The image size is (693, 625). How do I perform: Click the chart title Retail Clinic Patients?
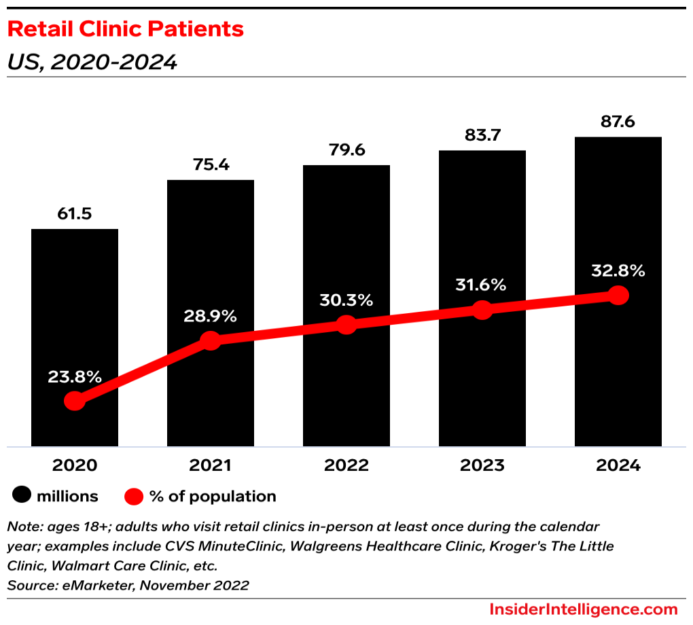[x=125, y=29]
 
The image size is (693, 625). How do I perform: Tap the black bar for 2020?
[x=75, y=306]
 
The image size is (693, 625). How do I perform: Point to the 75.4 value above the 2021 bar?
[x=210, y=165]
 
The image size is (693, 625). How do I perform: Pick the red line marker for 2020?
[x=75, y=401]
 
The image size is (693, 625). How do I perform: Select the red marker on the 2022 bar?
[x=346, y=325]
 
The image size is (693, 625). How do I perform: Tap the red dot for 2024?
[x=618, y=295]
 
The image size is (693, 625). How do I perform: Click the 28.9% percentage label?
[x=210, y=316]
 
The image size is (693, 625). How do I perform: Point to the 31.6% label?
[x=481, y=285]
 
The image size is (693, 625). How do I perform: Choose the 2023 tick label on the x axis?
[x=482, y=465]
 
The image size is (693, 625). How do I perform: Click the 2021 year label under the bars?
[x=210, y=465]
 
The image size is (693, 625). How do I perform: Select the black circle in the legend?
[x=22, y=496]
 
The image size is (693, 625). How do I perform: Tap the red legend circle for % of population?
[x=134, y=496]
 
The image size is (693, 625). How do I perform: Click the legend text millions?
[x=67, y=496]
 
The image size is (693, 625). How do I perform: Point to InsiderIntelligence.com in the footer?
[x=584, y=609]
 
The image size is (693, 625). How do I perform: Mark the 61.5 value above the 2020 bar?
[x=75, y=214]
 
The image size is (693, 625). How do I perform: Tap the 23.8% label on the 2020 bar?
[x=75, y=376]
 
